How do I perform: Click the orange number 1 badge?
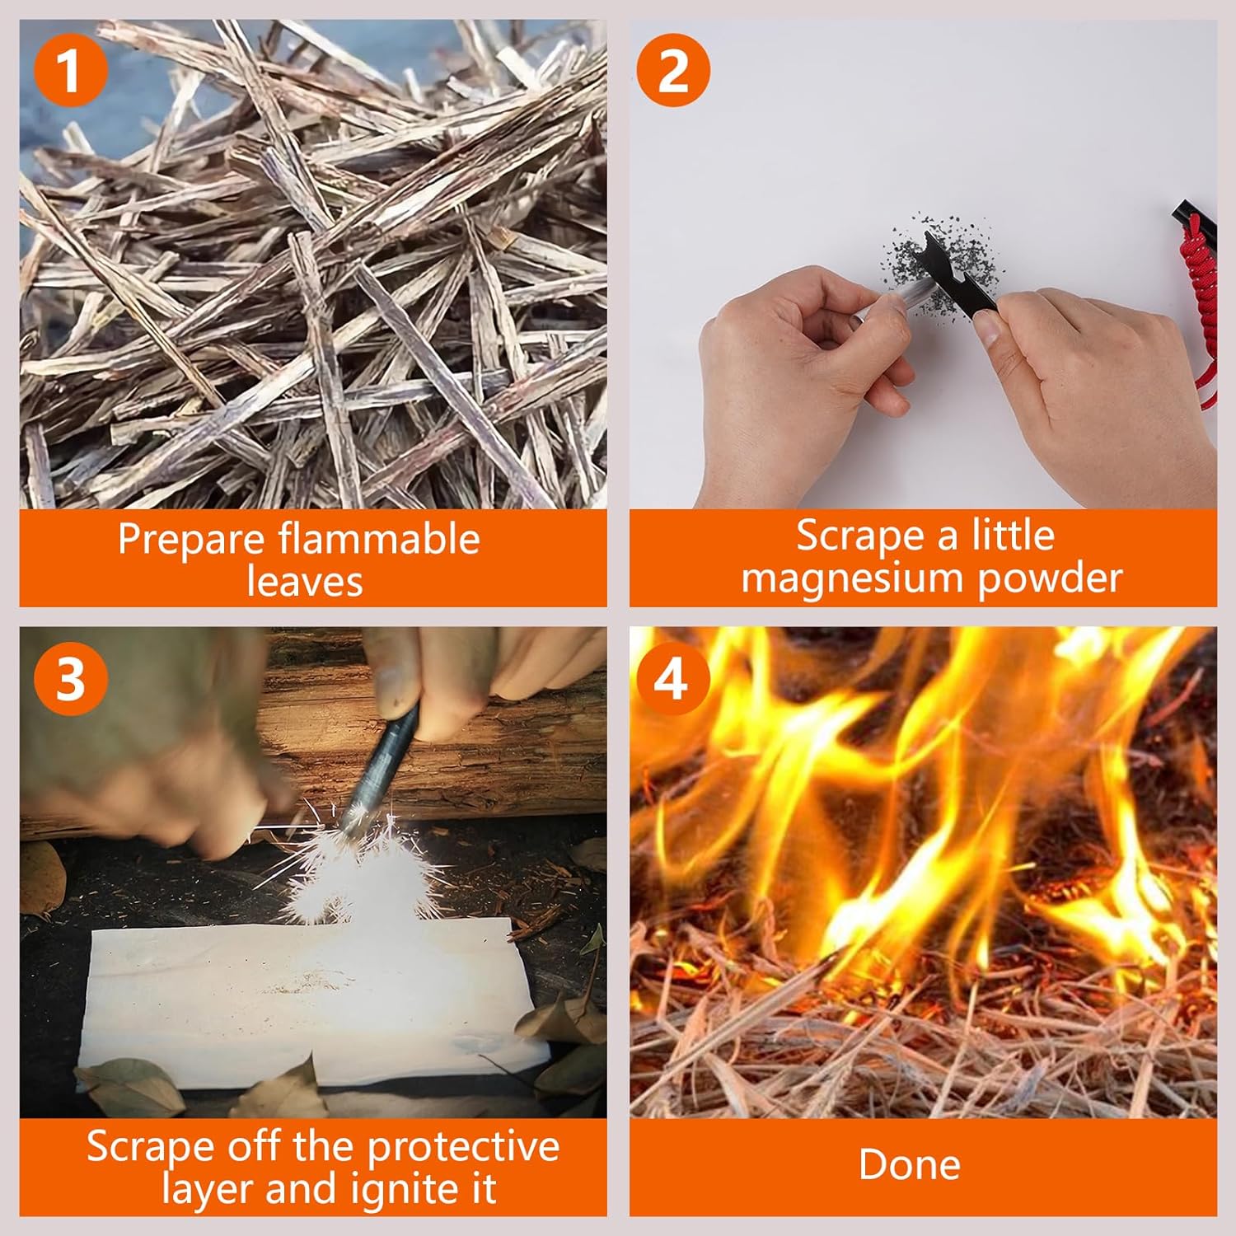point(71,70)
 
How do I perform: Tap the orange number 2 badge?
point(673,70)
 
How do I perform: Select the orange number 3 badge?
point(71,679)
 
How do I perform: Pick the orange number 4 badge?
point(673,679)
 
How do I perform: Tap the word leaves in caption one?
point(304,581)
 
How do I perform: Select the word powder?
point(1050,578)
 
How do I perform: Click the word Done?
point(910,1165)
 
